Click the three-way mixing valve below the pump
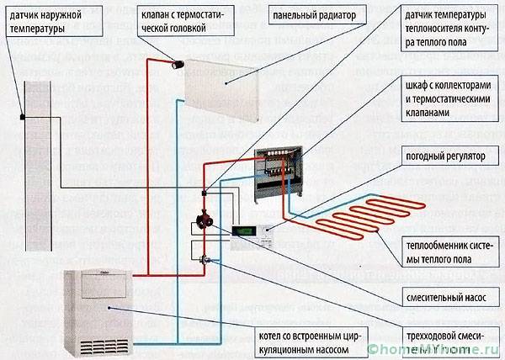203,257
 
